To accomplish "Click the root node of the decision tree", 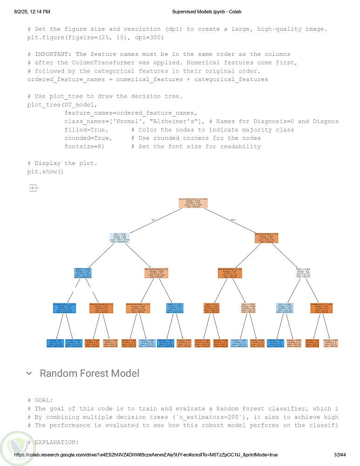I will [x=193, y=203].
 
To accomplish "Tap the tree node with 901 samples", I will [x=266, y=238].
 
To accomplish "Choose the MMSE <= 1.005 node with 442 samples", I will [x=83, y=273].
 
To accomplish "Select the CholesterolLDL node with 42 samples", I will [x=321, y=308].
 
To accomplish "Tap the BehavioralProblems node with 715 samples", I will [x=230, y=273].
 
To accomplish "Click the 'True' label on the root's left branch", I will [x=153, y=219].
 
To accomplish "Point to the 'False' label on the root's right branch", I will [x=233, y=219].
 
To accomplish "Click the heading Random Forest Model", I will [x=89, y=373].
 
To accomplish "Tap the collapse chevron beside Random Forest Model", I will [x=29, y=373].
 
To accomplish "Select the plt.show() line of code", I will [x=45, y=171].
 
